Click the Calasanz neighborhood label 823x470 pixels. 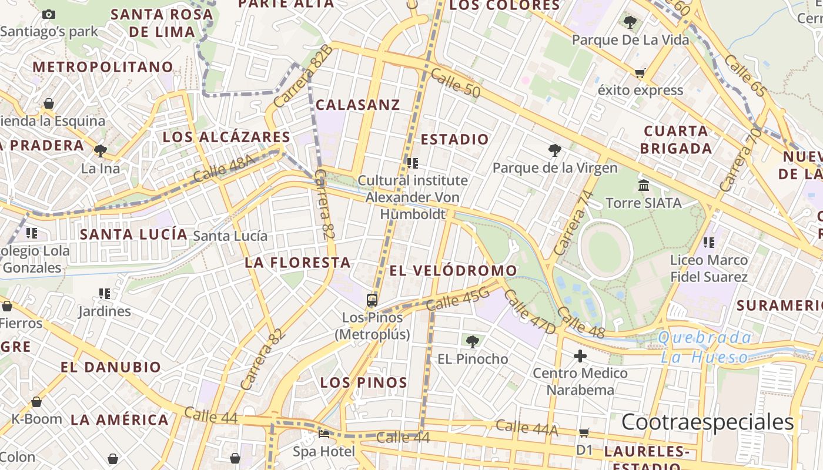click(x=357, y=105)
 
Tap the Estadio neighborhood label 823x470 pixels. click(x=454, y=140)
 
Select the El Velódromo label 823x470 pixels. click(x=453, y=271)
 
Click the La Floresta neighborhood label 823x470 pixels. click(x=297, y=263)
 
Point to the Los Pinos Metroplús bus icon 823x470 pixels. click(x=372, y=300)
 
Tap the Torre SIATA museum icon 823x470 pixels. click(x=644, y=186)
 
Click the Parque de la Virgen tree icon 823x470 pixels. click(x=554, y=150)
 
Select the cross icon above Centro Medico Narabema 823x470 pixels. click(x=580, y=356)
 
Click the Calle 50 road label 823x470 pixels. click(x=455, y=83)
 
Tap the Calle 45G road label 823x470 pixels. click(x=458, y=300)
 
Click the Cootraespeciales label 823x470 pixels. click(x=707, y=422)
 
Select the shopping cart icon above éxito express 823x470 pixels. click(x=640, y=73)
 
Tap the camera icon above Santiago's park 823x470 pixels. click(x=49, y=14)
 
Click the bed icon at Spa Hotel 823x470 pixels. click(x=324, y=435)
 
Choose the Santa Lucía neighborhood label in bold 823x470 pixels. click(x=133, y=234)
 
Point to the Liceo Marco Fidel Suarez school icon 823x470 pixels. click(x=709, y=242)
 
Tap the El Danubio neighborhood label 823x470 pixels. click(x=111, y=368)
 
